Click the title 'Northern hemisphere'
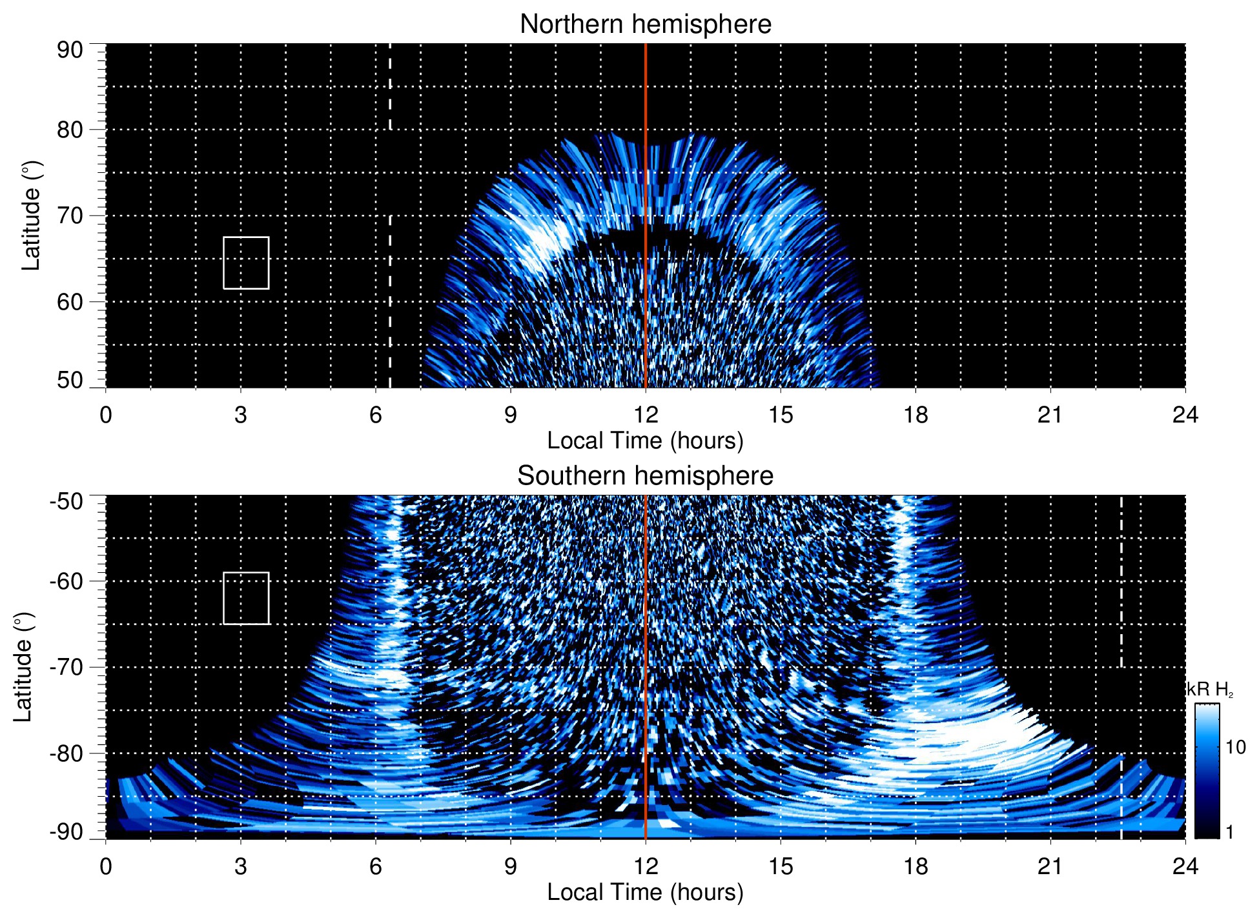(x=645, y=25)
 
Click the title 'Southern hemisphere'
(x=645, y=476)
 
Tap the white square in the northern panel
(x=246, y=263)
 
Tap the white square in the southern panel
(x=246, y=598)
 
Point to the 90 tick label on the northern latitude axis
(x=70, y=50)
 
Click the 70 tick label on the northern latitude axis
(x=70, y=215)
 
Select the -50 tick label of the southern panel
(x=67, y=501)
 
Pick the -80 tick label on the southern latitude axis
(x=67, y=753)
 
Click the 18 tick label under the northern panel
(x=915, y=415)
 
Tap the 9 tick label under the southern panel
(x=511, y=866)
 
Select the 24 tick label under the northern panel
(x=1185, y=415)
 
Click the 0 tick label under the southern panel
(x=106, y=866)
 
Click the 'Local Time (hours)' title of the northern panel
(x=645, y=441)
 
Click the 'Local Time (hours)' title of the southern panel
(x=645, y=892)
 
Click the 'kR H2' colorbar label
(x=1209, y=690)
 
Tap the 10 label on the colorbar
(x=1235, y=748)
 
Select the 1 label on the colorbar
(x=1229, y=832)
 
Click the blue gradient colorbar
(x=1206, y=771)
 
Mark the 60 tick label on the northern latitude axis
(x=70, y=302)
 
